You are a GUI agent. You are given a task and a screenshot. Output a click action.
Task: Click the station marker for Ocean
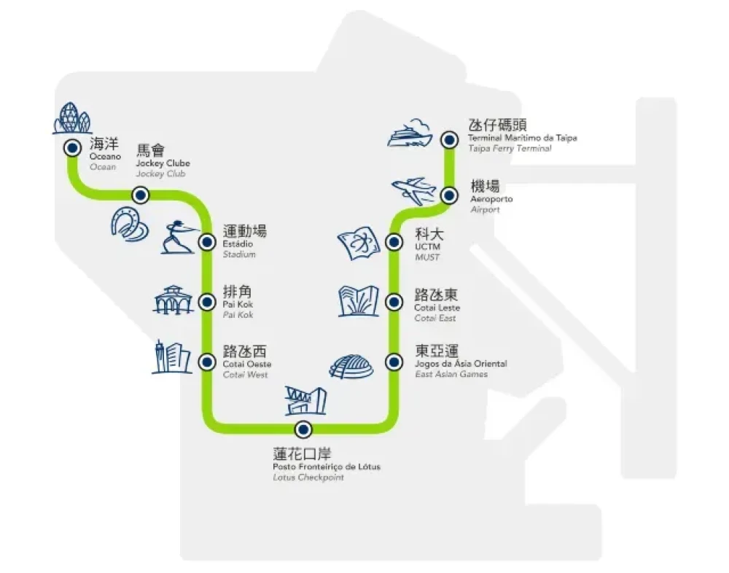pyautogui.click(x=72, y=147)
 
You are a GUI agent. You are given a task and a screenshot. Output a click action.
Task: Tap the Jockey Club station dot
pyautogui.click(x=141, y=195)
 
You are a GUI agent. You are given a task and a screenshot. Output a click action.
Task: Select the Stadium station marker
pyautogui.click(x=208, y=241)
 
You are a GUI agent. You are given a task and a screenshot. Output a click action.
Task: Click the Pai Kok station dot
pyautogui.click(x=208, y=300)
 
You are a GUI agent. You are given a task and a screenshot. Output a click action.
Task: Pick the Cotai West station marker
pyautogui.click(x=208, y=360)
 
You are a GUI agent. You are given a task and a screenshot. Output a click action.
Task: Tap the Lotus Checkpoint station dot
pyautogui.click(x=303, y=429)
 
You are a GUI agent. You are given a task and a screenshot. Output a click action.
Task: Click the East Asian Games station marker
pyautogui.click(x=394, y=361)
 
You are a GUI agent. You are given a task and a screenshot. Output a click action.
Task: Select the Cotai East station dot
pyautogui.click(x=394, y=301)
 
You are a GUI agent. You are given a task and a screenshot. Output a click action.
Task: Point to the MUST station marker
pyautogui.click(x=394, y=241)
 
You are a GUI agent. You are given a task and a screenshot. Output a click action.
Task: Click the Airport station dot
pyautogui.click(x=450, y=195)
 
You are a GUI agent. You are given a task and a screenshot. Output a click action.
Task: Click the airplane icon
pyautogui.click(x=413, y=192)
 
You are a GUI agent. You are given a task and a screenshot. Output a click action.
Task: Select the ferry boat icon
pyautogui.click(x=410, y=135)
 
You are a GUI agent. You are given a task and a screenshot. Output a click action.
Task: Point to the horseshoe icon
pyautogui.click(x=130, y=222)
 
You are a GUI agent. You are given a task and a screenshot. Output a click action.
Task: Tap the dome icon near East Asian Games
pyautogui.click(x=351, y=366)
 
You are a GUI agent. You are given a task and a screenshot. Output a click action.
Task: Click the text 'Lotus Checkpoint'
pyautogui.click(x=308, y=478)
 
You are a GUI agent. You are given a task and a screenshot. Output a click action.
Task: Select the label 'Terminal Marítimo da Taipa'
pyautogui.click(x=522, y=138)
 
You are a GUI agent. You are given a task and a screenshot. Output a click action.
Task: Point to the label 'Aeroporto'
pyautogui.click(x=491, y=199)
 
